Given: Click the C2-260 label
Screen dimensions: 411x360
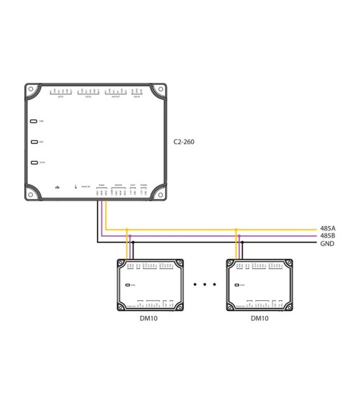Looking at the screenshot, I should coord(183,142).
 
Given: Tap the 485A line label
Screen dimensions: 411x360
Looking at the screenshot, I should coord(328,228).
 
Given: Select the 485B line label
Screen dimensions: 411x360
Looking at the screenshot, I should coord(328,236).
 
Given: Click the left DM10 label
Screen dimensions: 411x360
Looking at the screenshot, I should coord(149,319).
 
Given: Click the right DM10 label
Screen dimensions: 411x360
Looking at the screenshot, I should coord(260,319).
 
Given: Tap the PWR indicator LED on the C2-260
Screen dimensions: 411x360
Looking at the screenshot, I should coord(34,120).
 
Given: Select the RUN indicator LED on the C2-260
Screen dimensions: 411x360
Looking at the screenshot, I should coord(34,142).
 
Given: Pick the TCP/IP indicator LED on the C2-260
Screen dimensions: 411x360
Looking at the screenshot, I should coord(34,163).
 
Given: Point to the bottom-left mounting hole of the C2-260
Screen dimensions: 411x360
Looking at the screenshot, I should coord(30,194).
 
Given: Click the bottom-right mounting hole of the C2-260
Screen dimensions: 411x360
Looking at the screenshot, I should coord(160,194).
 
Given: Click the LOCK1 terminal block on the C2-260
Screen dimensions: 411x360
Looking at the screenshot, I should coord(61,92).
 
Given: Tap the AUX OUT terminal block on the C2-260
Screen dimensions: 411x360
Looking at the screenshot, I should coord(115,92).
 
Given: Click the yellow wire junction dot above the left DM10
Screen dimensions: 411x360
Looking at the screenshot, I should coord(127,228).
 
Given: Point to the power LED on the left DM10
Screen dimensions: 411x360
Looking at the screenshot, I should coord(128,285).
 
